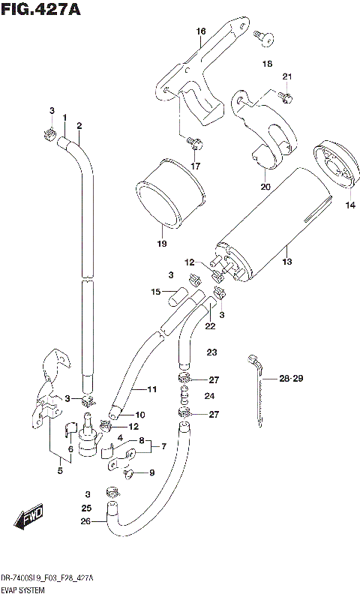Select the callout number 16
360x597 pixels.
[200, 31]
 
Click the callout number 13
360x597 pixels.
[286, 262]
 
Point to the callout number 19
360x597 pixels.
[160, 244]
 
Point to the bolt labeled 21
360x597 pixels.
[285, 97]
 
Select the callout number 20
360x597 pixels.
[265, 187]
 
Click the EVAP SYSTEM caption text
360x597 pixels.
[24, 591]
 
